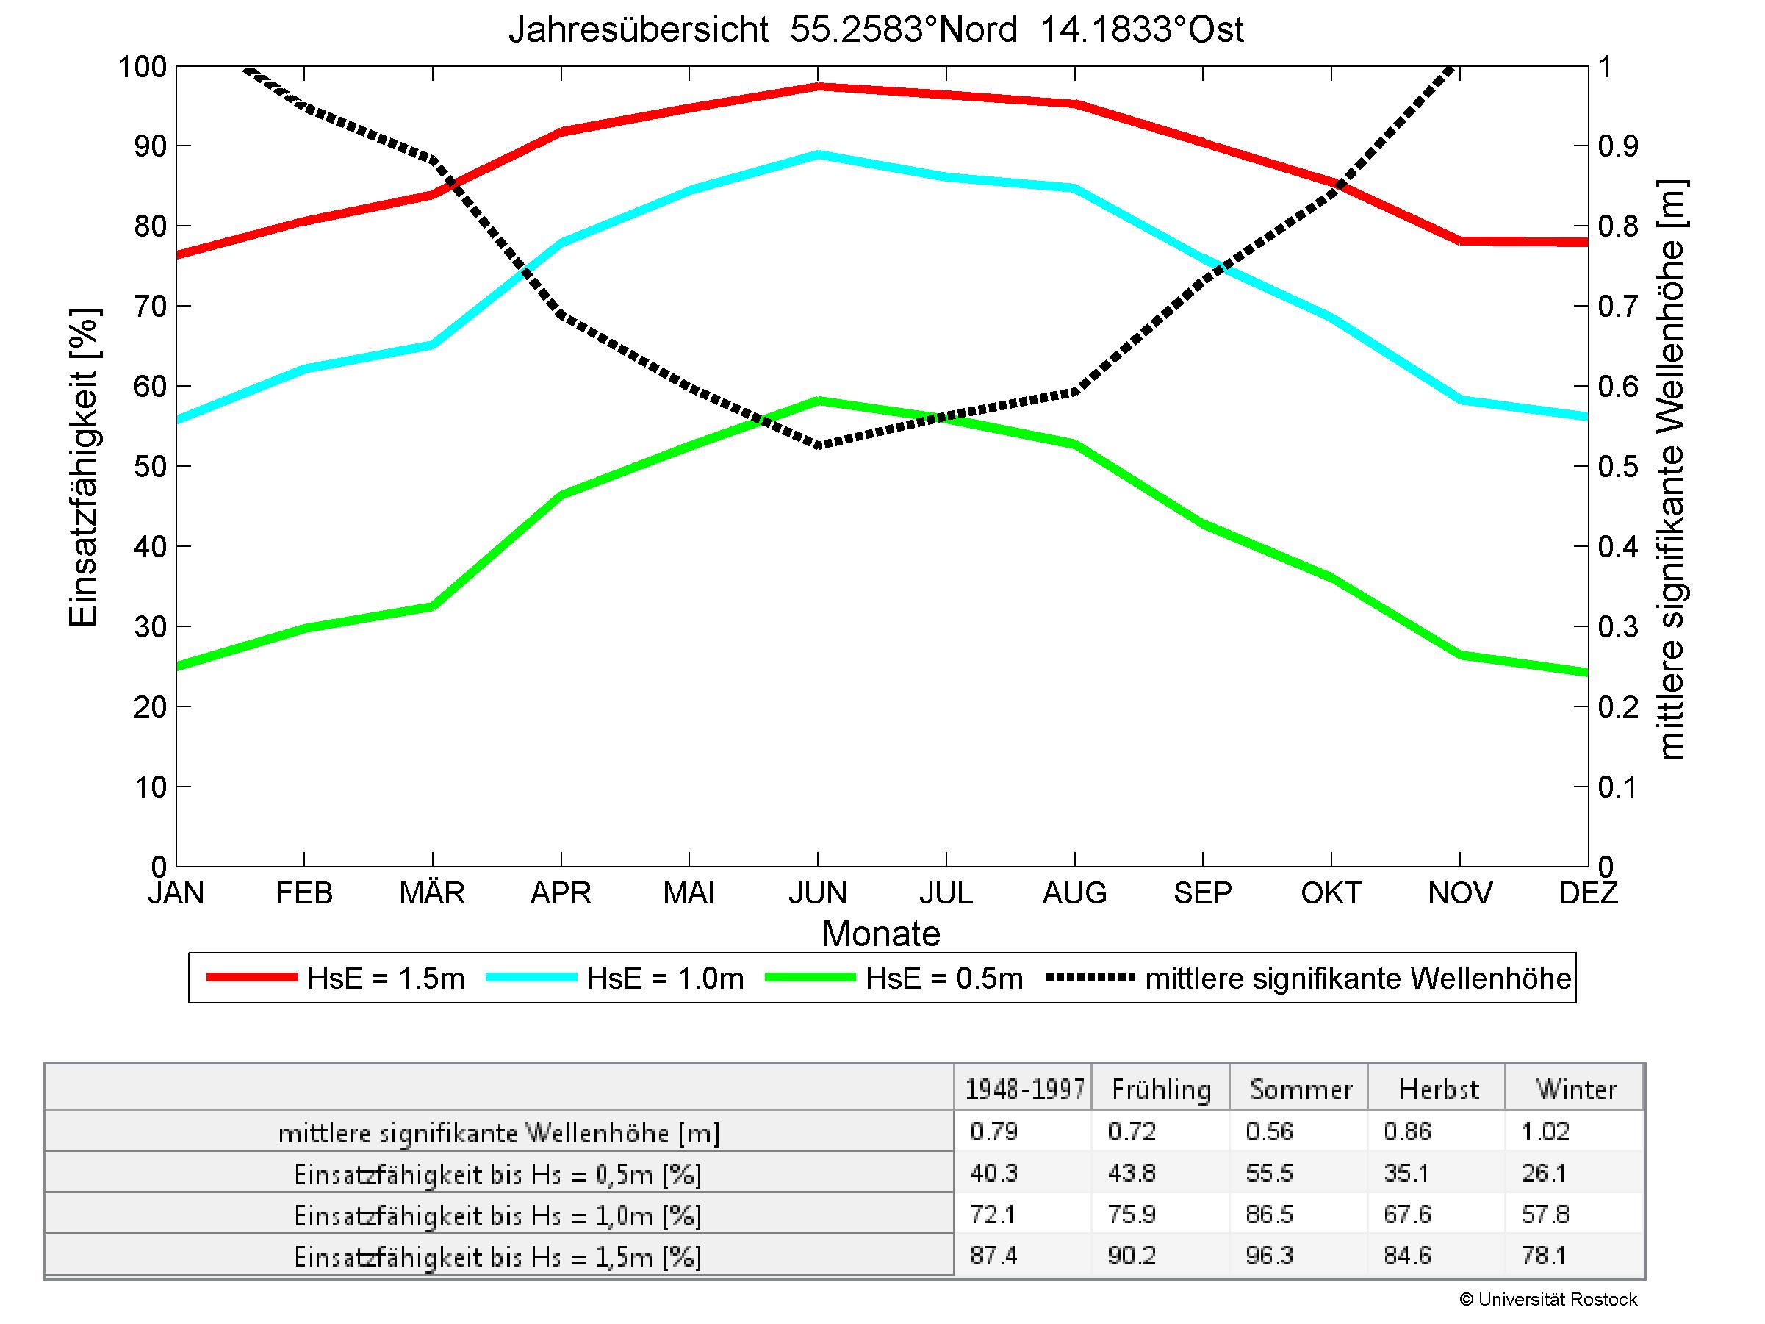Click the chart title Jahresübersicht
coord(875,30)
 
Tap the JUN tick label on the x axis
coord(818,892)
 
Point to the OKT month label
coord(1331,892)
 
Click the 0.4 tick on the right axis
coord(1618,547)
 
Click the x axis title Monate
coord(881,934)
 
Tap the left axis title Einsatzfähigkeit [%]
coord(83,468)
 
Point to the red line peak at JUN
coord(819,86)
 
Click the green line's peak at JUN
coord(819,401)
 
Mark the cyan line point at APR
coord(561,243)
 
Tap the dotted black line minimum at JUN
coord(819,445)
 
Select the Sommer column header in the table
coord(1301,1089)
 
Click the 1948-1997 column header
coord(1024,1089)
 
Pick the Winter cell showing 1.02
coord(1546,1131)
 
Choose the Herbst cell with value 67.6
coord(1408,1214)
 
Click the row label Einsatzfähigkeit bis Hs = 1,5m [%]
coord(498,1257)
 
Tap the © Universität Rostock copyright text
coord(1548,1300)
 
